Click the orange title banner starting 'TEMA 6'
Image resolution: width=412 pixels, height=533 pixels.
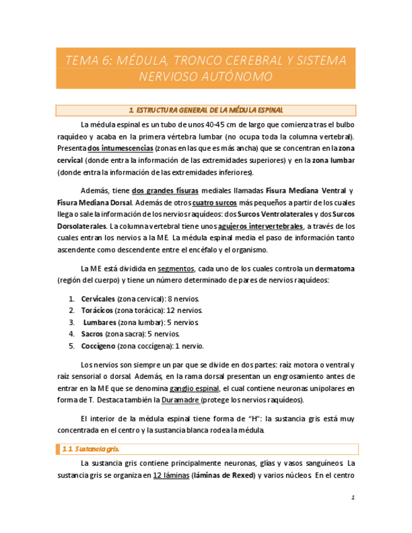pyautogui.click(x=206, y=68)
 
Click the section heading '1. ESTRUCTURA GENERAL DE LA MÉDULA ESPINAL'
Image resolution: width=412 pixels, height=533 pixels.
pyautogui.click(x=206, y=111)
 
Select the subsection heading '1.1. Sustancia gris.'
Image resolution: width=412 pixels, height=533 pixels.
pyautogui.click(x=91, y=449)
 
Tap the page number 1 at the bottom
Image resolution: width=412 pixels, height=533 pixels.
pyautogui.click(x=354, y=498)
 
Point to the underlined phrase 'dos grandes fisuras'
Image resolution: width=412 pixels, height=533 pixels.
pyautogui.click(x=165, y=190)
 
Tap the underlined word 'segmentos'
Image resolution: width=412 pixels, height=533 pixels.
pyautogui.click(x=175, y=268)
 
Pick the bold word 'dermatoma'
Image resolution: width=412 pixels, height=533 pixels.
pyautogui.click(x=333, y=268)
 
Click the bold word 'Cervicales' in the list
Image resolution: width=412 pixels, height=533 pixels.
pyautogui.click(x=98, y=298)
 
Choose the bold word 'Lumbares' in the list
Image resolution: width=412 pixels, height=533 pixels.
pyautogui.click(x=99, y=322)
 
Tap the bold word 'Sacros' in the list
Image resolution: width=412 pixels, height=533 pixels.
pyautogui.click(x=92, y=334)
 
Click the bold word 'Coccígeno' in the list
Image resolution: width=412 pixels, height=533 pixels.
pyautogui.click(x=98, y=346)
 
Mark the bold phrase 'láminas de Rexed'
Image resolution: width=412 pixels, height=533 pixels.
pyautogui.click(x=223, y=475)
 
